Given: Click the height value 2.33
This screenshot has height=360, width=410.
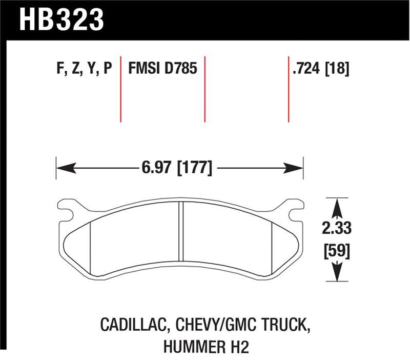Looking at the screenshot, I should [336, 227].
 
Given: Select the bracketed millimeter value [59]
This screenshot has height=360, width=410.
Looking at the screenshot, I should [336, 252].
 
